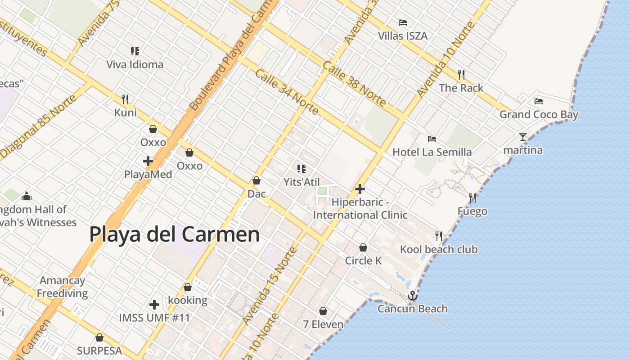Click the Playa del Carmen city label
click(x=175, y=234)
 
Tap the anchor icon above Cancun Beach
click(x=412, y=296)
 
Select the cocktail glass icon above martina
click(x=522, y=137)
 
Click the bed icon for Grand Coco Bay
click(x=539, y=101)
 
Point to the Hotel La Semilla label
click(x=432, y=152)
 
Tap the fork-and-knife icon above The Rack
click(x=461, y=74)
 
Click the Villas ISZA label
click(x=402, y=36)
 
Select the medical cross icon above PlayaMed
click(x=148, y=161)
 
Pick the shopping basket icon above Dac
click(x=256, y=180)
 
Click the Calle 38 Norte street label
click(x=354, y=84)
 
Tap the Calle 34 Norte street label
click(x=287, y=92)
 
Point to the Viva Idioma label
click(x=135, y=64)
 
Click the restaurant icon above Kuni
click(x=125, y=99)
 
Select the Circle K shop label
click(x=363, y=261)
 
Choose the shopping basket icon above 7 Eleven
click(x=323, y=311)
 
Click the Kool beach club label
click(x=439, y=249)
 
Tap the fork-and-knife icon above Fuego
click(x=472, y=198)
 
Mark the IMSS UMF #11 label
click(x=154, y=318)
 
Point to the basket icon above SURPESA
click(x=99, y=337)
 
